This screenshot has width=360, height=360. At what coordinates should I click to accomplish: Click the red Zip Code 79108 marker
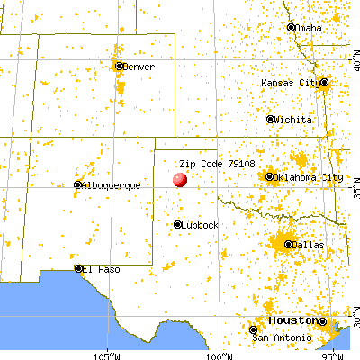(180, 178)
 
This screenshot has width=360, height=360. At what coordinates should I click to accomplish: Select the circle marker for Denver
(119, 66)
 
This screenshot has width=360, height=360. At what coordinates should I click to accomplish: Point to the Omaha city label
(309, 28)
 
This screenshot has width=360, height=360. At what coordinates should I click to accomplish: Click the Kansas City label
(289, 83)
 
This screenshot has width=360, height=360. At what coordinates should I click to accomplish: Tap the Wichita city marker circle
(270, 119)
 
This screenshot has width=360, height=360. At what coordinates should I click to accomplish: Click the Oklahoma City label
(305, 176)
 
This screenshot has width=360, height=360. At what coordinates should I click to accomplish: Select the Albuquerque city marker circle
(77, 185)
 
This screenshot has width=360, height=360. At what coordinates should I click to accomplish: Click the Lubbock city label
(200, 224)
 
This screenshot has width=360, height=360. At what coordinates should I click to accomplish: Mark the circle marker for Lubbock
(178, 224)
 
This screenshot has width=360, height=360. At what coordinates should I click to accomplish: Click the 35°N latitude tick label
(353, 192)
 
